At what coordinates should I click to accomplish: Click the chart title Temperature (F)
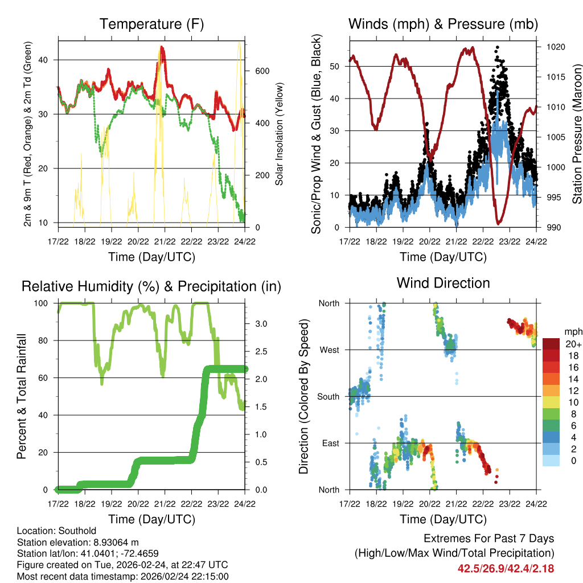click(151, 24)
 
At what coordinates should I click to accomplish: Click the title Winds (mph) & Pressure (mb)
click(443, 24)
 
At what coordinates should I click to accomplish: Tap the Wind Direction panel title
click(443, 283)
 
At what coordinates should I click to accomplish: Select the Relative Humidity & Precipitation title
click(151, 286)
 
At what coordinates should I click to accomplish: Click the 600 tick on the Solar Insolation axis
click(261, 71)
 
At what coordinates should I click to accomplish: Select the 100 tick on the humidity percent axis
click(45, 303)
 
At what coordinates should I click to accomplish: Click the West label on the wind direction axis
click(330, 350)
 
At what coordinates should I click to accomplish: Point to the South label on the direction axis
click(329, 397)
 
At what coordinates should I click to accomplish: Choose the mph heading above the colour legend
click(573, 331)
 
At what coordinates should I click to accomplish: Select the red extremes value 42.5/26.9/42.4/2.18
click(506, 569)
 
